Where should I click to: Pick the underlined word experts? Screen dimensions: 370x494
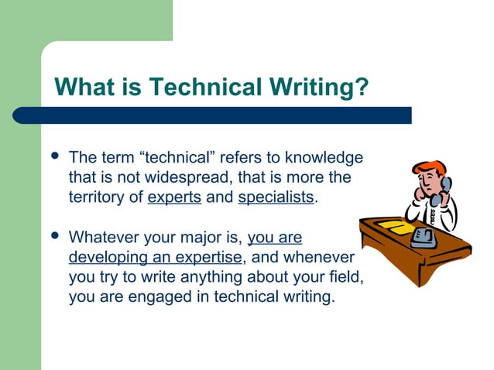(174, 197)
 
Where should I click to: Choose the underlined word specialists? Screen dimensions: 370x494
(276, 197)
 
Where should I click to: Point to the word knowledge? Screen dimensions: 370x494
(324, 158)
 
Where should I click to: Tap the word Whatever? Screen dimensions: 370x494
(101, 236)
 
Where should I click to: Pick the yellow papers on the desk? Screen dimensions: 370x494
(392, 227)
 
